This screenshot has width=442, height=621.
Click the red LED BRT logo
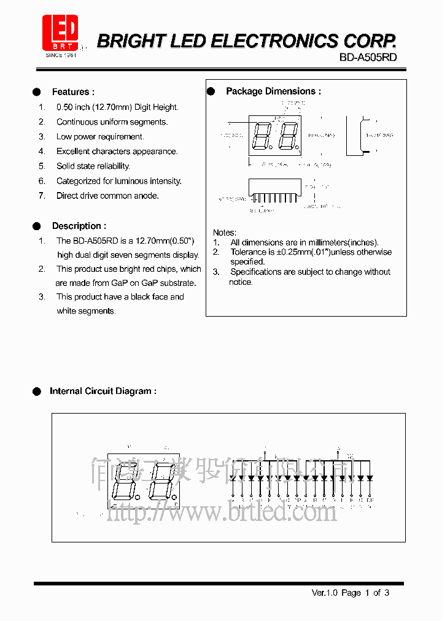tap(60, 33)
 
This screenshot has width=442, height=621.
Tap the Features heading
tap(73, 92)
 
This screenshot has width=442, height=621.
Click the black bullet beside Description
tap(37, 226)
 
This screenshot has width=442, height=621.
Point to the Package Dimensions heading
tap(273, 91)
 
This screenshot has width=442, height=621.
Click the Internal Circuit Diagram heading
tap(103, 391)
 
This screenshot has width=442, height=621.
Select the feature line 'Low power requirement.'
tap(100, 137)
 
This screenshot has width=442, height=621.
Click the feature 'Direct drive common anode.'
tap(107, 196)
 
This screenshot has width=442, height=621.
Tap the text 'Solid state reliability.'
tap(93, 166)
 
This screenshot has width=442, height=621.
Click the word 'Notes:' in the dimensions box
tap(224, 233)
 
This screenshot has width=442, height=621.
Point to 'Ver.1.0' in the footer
tap(325, 593)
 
